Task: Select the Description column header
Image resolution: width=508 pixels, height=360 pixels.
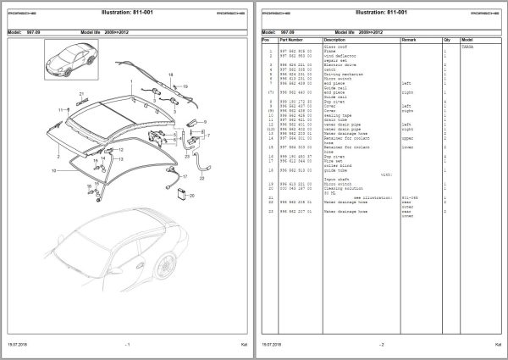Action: click(x=335, y=39)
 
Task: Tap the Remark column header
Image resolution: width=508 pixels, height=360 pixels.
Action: click(x=410, y=39)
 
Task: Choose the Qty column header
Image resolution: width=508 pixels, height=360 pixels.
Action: click(x=444, y=39)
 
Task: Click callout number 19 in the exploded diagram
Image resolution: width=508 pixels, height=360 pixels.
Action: click(x=185, y=86)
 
